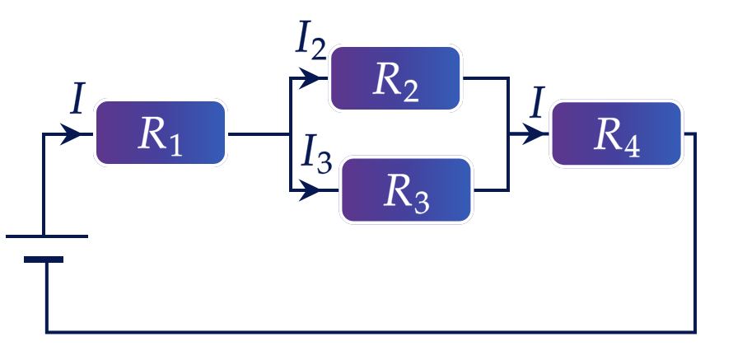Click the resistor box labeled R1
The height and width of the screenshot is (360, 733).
tap(161, 133)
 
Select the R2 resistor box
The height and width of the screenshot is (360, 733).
tap(395, 78)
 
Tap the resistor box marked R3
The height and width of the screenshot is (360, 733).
tap(406, 189)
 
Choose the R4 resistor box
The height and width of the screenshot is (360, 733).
tap(616, 133)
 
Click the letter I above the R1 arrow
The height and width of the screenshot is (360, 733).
tap(78, 100)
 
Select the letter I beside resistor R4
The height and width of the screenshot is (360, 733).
tap(538, 102)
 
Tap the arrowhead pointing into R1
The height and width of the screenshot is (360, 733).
tap(71, 134)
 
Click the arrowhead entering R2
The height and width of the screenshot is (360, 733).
tap(309, 78)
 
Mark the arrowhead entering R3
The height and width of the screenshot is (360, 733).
tap(309, 190)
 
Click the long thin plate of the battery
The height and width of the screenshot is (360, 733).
tap(47, 236)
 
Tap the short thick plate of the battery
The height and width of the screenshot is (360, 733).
tap(44, 259)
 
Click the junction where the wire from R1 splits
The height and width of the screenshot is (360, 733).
tap(290, 134)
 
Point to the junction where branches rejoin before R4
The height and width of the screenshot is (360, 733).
tap(508, 134)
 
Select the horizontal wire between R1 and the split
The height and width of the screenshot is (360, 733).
tap(259, 134)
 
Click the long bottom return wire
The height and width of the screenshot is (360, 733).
tap(371, 332)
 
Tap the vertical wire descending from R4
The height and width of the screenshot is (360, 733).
tap(695, 233)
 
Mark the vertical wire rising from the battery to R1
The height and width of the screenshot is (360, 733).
tap(44, 185)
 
